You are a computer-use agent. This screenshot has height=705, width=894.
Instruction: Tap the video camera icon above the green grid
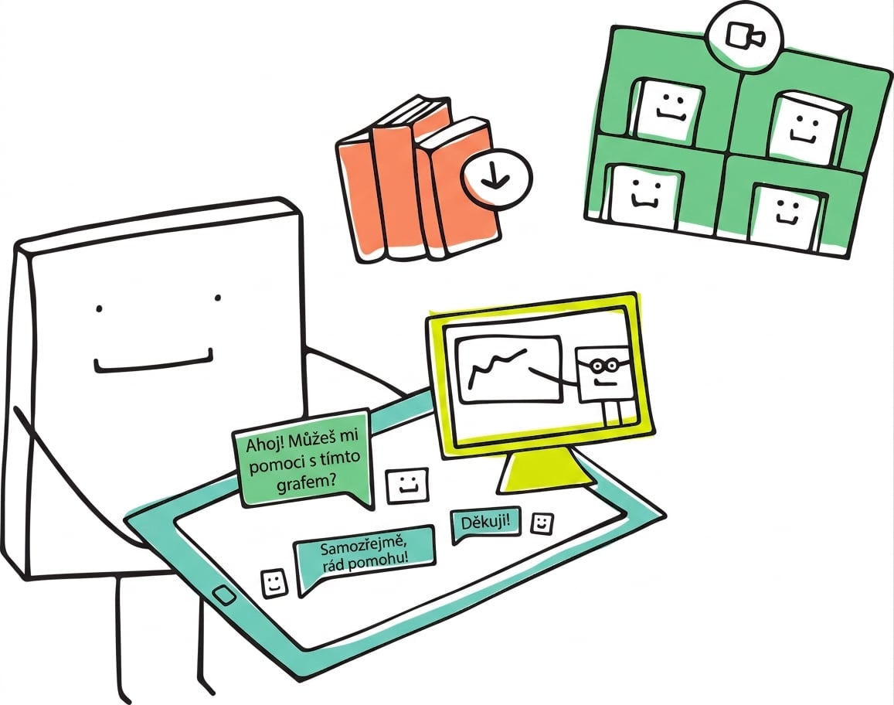pos(743,36)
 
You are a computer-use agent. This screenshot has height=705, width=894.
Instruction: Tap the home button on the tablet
pos(224,596)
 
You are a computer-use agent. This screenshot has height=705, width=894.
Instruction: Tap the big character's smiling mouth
pos(153,363)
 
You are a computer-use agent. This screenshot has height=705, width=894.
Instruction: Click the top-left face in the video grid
pos(667,108)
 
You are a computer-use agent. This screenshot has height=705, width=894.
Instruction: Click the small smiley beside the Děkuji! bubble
pos(542,523)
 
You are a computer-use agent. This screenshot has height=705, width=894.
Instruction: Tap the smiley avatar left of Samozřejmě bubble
pos(274,582)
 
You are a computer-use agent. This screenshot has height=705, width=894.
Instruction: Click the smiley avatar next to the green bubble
pos(407,485)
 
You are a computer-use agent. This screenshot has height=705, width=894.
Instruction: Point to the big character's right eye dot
pos(217,298)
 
